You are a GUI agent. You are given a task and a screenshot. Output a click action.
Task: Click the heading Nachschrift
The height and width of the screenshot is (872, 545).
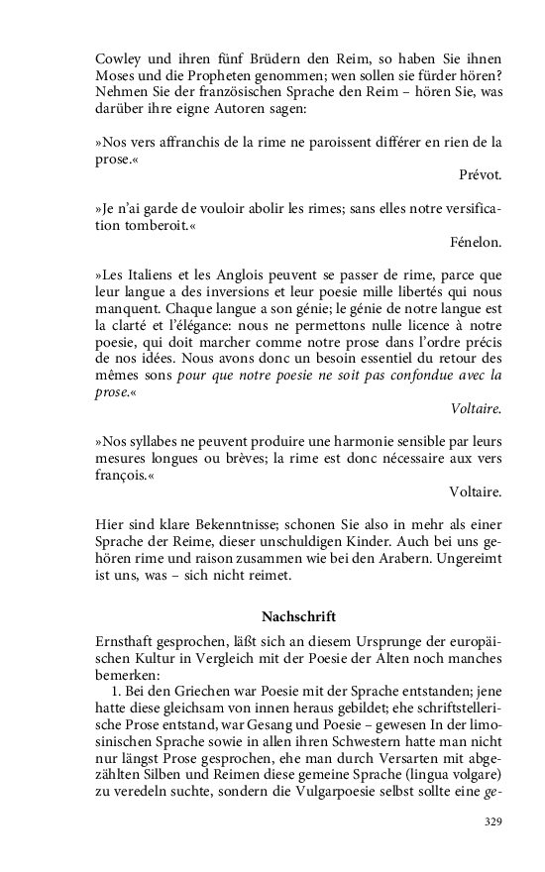coord(298,615)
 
